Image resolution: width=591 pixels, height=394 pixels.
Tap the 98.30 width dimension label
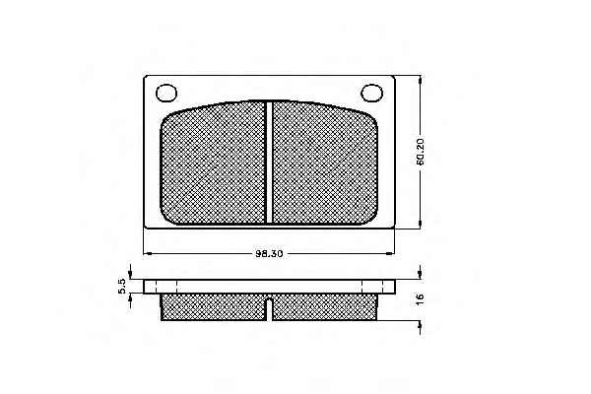269,254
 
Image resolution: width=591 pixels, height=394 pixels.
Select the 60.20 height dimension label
421,152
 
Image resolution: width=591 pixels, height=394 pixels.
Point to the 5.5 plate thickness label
122,287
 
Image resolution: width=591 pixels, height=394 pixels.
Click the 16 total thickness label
420,298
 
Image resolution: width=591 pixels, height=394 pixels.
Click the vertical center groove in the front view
269,163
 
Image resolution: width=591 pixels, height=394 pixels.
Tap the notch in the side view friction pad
269,309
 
